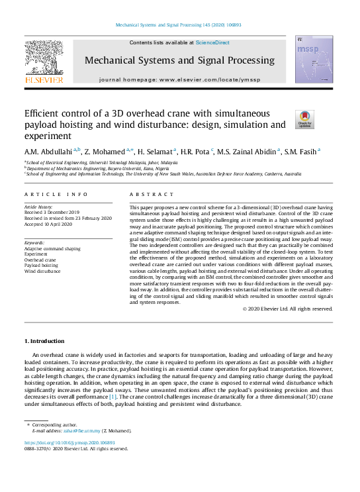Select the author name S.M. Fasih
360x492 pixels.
(x=301, y=151)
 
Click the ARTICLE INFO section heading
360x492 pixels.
(x=56, y=195)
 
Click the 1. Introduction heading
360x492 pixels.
(x=44, y=340)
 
